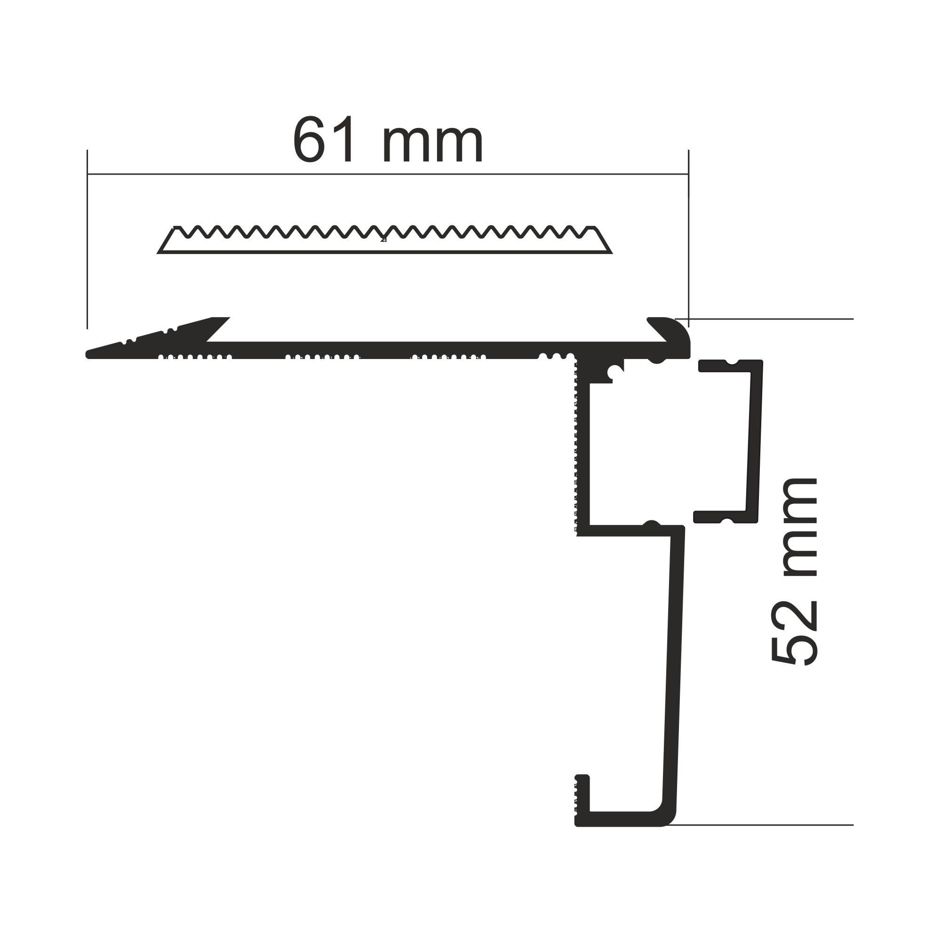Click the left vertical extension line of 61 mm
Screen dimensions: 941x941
87,244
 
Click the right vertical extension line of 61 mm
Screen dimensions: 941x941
688,244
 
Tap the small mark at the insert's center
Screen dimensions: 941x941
384,239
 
